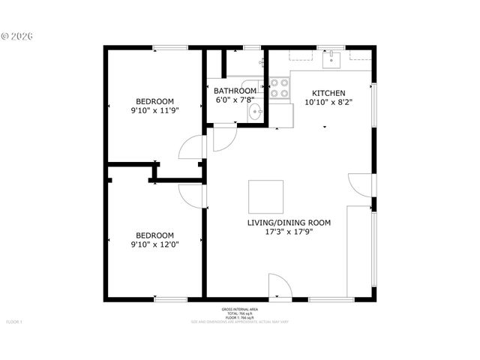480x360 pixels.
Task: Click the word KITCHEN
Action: pyautogui.click(x=328, y=94)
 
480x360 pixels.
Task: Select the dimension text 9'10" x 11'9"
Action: pyautogui.click(x=154, y=110)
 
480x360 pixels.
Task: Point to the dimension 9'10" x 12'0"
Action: pyautogui.click(x=154, y=244)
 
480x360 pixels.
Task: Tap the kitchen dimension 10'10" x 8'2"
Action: pyautogui.click(x=328, y=103)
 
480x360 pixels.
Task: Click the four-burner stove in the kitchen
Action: pyautogui.click(x=280, y=89)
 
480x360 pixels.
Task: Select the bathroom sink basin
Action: pyautogui.click(x=256, y=113)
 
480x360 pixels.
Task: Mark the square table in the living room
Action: pyautogui.click(x=266, y=196)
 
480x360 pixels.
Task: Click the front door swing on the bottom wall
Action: pyautogui.click(x=278, y=286)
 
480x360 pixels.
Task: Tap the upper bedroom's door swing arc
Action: pyautogui.click(x=191, y=148)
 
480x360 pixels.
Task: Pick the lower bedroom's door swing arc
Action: pyautogui.click(x=191, y=194)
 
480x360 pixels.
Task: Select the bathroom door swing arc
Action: pyautogui.click(x=223, y=138)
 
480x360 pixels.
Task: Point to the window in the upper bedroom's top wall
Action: pyautogui.click(x=170, y=49)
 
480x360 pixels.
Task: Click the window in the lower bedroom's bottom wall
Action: pyautogui.click(x=170, y=298)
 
